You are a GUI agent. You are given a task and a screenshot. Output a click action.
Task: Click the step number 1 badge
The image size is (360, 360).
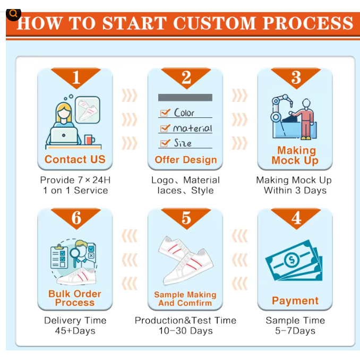pos(75,78)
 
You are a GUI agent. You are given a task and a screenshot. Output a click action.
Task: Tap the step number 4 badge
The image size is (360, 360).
pos(296,218)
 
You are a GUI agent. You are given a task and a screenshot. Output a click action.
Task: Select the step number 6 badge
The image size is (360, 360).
pos(75,218)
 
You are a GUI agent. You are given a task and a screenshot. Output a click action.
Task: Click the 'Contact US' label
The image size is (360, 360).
pos(75,159)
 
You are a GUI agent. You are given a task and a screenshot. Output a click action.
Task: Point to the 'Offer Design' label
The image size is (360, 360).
pos(186,160)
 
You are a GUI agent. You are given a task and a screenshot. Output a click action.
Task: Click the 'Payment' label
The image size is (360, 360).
pos(295,301)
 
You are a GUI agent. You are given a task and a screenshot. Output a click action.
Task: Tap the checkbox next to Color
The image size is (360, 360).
pos(165,113)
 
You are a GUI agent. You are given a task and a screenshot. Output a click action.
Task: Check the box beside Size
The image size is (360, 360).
pos(165,143)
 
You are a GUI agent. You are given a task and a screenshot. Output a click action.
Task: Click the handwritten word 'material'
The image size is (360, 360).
pos(192,128)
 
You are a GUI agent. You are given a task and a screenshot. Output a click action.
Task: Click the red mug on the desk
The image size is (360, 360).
pos(89,141)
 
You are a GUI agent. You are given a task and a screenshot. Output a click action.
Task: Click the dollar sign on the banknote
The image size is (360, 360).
pos(292,260)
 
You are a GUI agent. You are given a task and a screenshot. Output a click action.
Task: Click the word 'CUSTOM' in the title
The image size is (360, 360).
pos(213,24)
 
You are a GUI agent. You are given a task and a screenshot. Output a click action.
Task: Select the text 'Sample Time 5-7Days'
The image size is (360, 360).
pos(295,325)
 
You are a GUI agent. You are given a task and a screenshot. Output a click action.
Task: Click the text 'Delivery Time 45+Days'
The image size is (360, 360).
pos(75,325)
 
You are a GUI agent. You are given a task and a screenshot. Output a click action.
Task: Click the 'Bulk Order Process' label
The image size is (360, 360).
pos(75,298)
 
